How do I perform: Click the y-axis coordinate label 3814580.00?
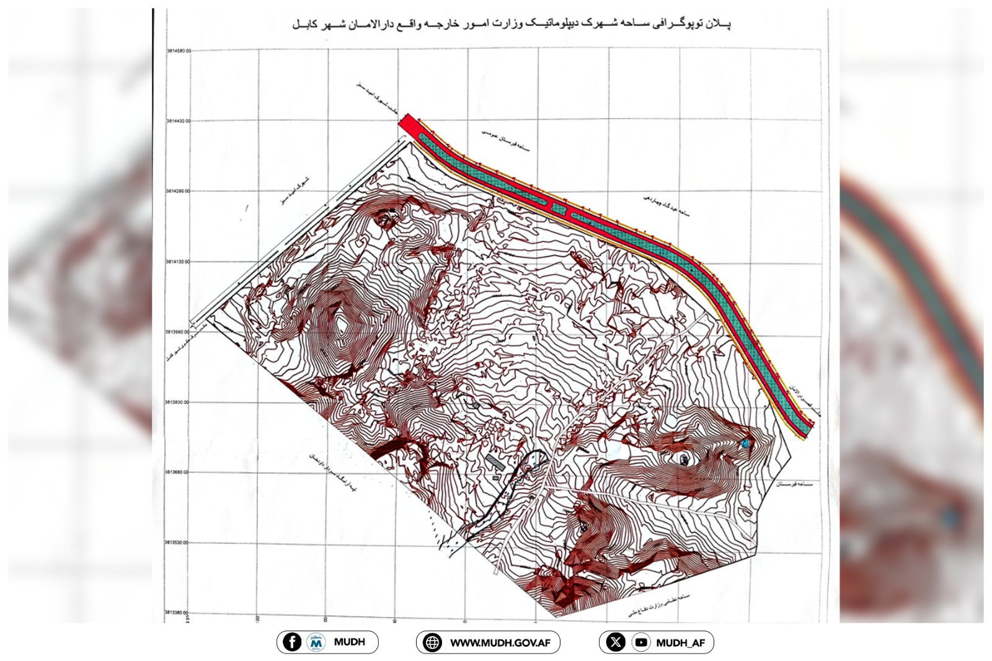pos(178,51)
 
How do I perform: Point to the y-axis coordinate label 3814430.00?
pos(178,121)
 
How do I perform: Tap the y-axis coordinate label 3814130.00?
pos(178,262)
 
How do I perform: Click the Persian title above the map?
pos(511,24)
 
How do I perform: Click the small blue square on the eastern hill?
pos(745,443)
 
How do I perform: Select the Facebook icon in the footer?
pos(292,642)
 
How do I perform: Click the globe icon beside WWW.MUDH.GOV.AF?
pos(432,642)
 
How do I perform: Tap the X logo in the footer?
pos(615,642)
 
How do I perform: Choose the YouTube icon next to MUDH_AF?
pos(641,642)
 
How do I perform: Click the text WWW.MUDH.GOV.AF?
pos(500,643)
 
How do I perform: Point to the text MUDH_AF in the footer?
pos(680,643)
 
